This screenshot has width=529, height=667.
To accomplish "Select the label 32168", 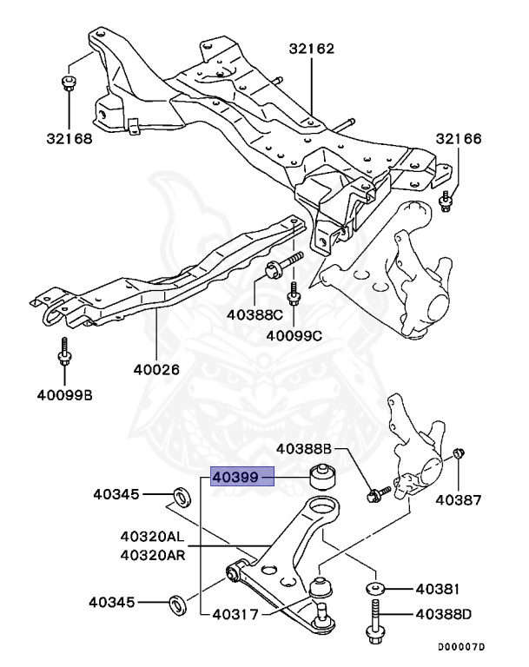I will [69, 136].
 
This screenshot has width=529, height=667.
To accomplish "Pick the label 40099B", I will [64, 396].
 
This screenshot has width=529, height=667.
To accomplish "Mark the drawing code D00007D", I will [460, 647].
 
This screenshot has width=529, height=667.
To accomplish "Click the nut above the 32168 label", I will [69, 83].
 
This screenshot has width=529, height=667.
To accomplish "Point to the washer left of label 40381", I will [374, 590].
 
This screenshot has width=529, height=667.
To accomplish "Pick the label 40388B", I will [305, 449].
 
